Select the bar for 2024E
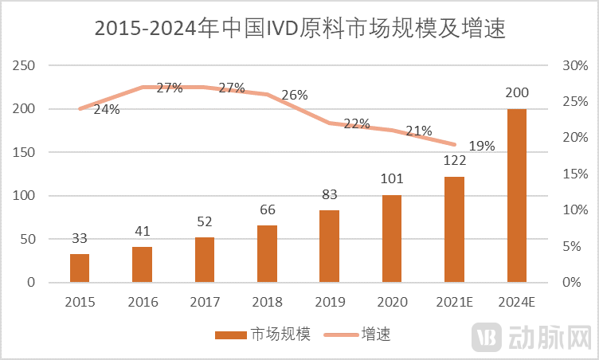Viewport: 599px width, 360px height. [517, 195]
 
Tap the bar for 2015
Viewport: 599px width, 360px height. [80, 268]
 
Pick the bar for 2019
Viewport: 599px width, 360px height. [330, 246]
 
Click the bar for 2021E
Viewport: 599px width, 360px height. [454, 229]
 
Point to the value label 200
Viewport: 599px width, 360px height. [517, 94]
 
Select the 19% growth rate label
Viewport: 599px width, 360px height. [482, 146]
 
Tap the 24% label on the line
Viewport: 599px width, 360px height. [107, 110]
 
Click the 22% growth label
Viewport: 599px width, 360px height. [357, 123]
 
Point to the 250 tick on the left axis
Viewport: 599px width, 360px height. [25, 65]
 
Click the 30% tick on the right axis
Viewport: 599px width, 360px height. [574, 65]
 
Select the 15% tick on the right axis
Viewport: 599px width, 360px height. [574, 174]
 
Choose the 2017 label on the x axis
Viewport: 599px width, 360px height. [205, 302]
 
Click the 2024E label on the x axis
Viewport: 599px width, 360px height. [517, 302]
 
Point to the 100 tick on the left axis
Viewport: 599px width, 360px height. [25, 196]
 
